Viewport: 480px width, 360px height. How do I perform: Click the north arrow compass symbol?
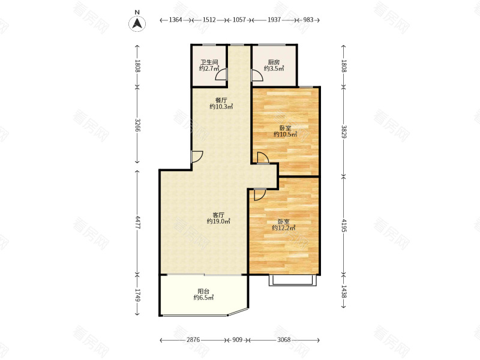137,23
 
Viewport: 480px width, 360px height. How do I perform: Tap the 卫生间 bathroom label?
209,62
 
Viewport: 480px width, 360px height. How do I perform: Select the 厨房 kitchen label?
274,62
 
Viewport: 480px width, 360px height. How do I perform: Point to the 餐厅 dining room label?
221,100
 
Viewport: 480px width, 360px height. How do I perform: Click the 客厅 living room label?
218,215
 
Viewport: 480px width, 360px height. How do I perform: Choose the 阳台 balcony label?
203,291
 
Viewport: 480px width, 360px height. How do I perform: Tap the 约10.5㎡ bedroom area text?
286,134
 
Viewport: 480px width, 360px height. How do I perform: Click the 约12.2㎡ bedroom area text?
284,228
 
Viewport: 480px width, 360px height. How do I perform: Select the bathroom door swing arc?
220,74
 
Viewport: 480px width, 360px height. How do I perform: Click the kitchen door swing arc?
258,76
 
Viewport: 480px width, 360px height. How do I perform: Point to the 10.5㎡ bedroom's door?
263,158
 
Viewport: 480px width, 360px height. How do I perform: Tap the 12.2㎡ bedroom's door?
260,194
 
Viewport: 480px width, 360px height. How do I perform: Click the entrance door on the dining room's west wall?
197,157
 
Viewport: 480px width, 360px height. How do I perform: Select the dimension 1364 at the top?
175,20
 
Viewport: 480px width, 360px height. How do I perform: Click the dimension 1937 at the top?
274,20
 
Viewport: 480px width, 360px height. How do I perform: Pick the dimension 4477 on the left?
138,223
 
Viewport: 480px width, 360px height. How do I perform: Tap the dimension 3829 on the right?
344,132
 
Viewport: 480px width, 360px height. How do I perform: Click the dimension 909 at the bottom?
237,340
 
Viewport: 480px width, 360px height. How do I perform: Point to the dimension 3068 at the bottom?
284,340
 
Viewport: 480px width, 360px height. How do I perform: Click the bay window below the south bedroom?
292,280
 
